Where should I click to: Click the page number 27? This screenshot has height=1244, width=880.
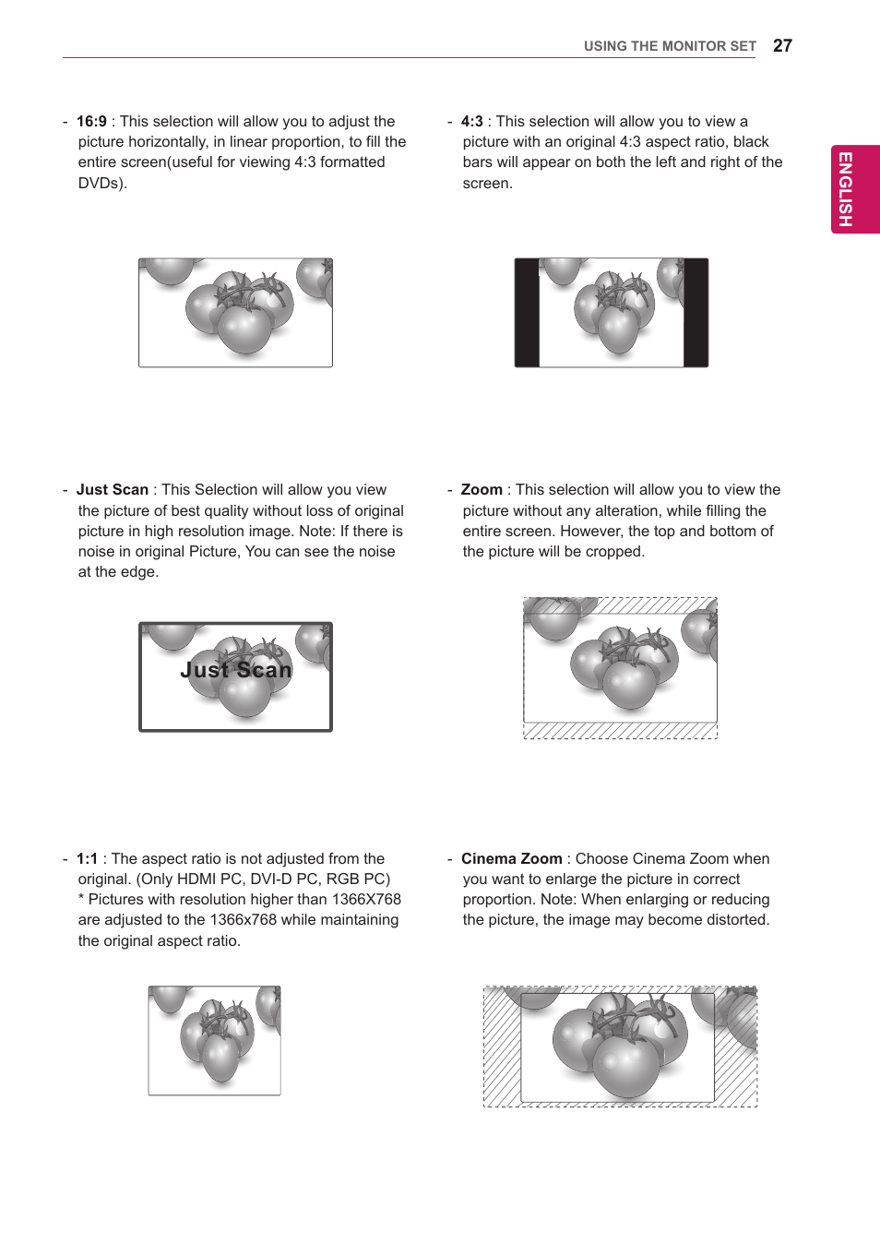(782, 46)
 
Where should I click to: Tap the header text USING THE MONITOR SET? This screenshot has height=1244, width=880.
(670, 46)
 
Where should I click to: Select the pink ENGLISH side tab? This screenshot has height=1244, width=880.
(855, 189)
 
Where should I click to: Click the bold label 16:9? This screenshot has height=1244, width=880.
(91, 122)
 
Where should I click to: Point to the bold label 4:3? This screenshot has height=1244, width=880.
(472, 122)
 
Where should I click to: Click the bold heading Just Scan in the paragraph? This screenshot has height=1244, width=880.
(112, 490)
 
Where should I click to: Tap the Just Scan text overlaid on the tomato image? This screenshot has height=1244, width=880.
(236, 670)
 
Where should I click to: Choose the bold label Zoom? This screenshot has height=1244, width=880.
(482, 490)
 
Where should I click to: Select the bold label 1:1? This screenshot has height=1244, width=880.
(87, 859)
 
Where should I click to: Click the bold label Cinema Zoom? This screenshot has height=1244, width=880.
(511, 859)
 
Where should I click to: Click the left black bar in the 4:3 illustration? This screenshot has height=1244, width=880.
(527, 313)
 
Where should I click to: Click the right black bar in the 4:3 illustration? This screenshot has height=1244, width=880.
(696, 313)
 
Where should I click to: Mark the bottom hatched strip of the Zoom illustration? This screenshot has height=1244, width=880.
(620, 731)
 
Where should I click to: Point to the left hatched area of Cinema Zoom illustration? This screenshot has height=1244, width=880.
(502, 1047)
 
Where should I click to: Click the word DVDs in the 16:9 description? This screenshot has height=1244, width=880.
(100, 184)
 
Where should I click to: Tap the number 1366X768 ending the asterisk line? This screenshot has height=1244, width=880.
(366, 900)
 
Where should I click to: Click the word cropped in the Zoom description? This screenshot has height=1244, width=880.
(614, 552)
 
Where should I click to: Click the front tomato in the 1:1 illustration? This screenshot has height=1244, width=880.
(221, 1058)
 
